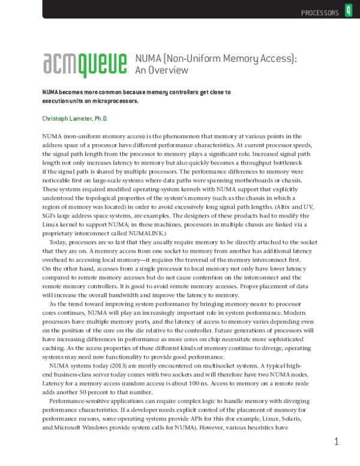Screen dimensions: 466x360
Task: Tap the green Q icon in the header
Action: [x=349, y=11]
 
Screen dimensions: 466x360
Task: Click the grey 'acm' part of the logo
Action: [x=61, y=62]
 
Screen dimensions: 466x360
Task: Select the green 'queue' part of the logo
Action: [x=103, y=63]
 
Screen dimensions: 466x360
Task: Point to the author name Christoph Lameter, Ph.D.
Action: [x=75, y=119]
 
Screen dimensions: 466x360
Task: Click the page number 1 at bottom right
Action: [x=337, y=441]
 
